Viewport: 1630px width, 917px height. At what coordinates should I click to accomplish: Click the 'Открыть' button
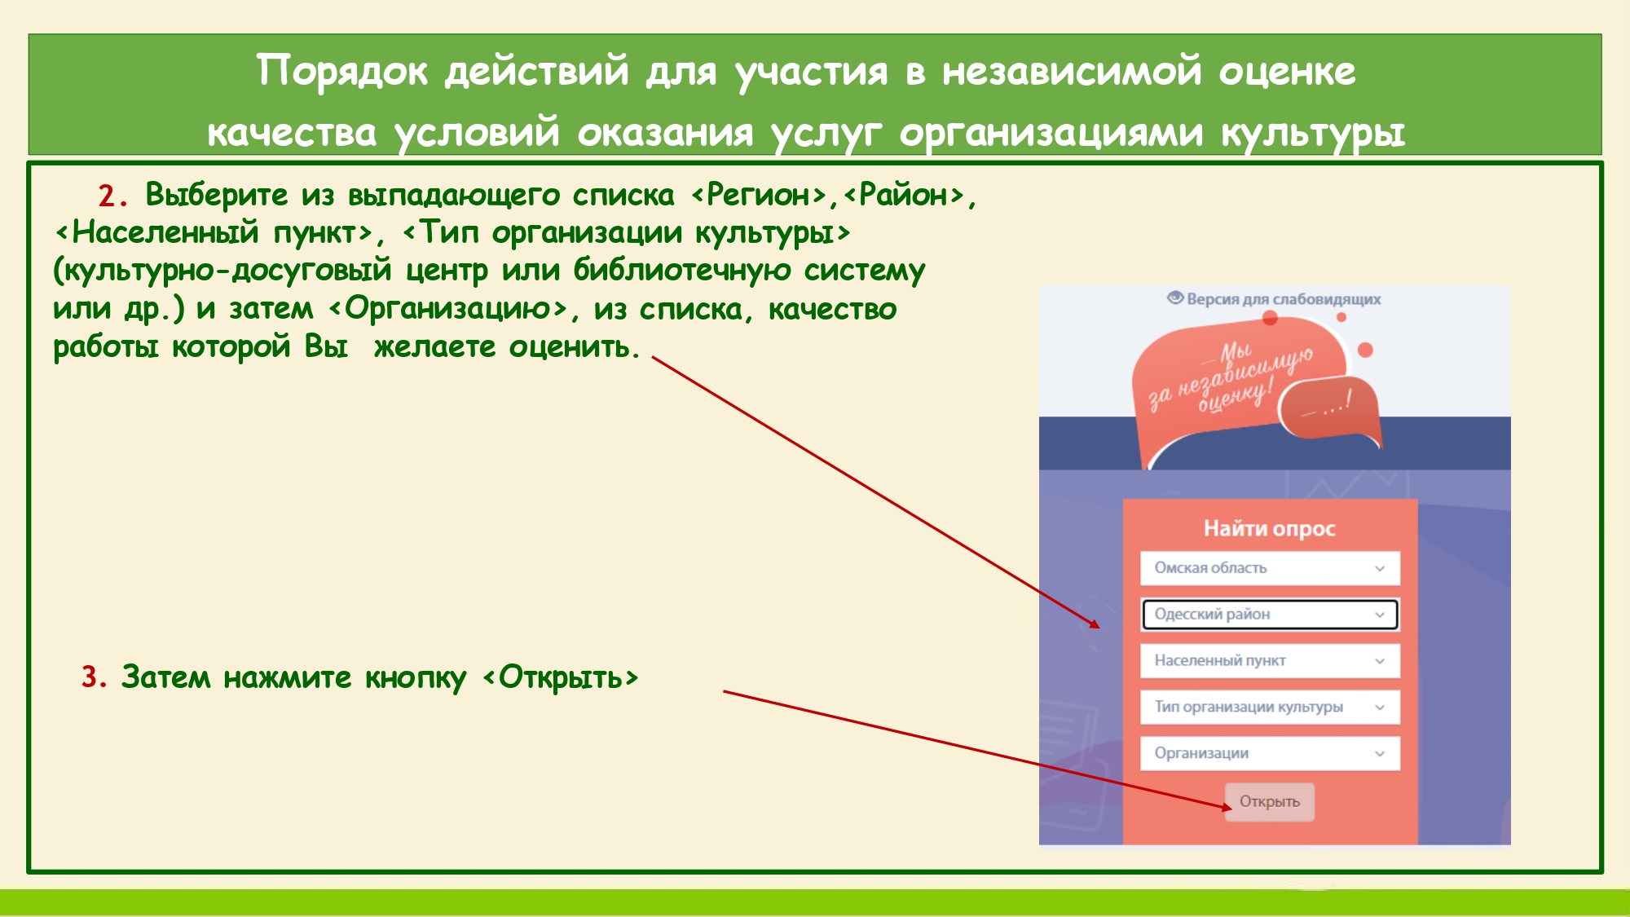1269,802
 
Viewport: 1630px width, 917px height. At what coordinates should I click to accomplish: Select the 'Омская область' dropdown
1270,568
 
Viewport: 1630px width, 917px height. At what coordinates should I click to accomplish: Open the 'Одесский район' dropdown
1270,615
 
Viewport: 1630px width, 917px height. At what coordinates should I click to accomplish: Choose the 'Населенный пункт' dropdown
1270,661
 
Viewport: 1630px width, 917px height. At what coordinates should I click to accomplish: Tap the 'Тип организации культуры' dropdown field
1270,708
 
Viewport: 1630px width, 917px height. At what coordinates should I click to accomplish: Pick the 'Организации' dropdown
1270,754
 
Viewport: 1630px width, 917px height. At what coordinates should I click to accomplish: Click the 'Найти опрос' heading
1270,529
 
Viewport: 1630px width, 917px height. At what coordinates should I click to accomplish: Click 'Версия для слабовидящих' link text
1284,299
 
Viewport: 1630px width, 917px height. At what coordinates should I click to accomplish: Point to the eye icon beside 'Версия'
1174,298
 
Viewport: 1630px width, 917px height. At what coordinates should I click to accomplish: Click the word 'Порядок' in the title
342,72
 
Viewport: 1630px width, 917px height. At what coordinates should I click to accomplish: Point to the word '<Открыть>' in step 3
561,678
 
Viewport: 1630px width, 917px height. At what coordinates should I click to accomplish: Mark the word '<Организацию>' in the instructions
448,310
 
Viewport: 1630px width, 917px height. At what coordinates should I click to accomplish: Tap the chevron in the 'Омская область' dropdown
1380,569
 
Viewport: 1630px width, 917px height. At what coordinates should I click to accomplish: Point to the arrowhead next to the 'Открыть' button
1227,807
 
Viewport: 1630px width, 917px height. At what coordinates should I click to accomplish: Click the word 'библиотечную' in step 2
682,271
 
